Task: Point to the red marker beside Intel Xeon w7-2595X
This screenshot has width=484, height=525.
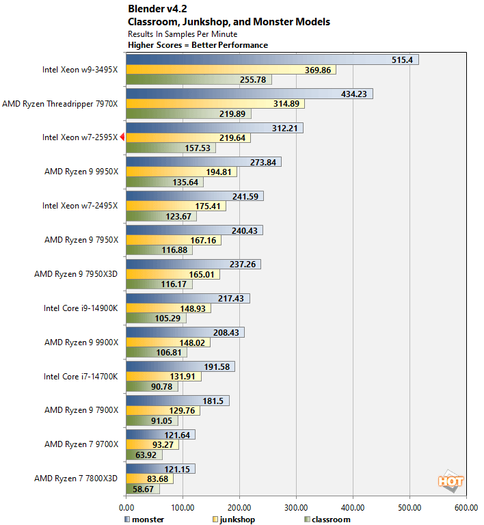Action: pos(122,137)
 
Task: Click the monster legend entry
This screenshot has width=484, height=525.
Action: pos(144,520)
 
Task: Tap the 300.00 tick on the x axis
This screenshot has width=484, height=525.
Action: pos(296,508)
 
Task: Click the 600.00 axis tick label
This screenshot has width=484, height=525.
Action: pos(466,508)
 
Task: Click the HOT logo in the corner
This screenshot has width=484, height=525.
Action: pos(450,481)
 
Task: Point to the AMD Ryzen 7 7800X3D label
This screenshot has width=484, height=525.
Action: pos(76,479)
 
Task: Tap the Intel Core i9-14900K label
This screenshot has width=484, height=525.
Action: pos(80,308)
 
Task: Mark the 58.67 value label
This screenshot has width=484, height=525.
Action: pos(146,489)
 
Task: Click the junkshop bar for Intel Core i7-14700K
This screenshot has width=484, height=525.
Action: pos(163,377)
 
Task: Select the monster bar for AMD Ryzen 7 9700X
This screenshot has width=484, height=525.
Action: pos(161,435)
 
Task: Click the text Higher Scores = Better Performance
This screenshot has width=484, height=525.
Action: pos(198,45)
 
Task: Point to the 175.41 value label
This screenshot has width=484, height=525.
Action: pos(209,206)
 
